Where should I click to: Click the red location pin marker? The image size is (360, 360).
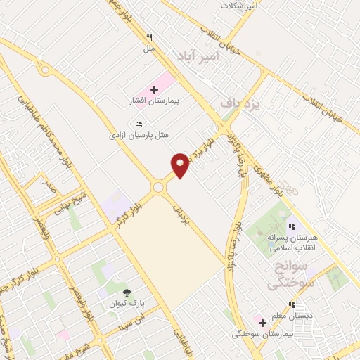click(181, 165)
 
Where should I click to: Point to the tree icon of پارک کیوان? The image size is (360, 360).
click(127, 292)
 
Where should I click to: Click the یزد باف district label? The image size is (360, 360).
click(240, 103)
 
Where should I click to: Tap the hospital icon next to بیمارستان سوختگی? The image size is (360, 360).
click(262, 323)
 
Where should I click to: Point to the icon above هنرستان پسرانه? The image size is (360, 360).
click(291, 226)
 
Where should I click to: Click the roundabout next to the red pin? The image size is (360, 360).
click(158, 187)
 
